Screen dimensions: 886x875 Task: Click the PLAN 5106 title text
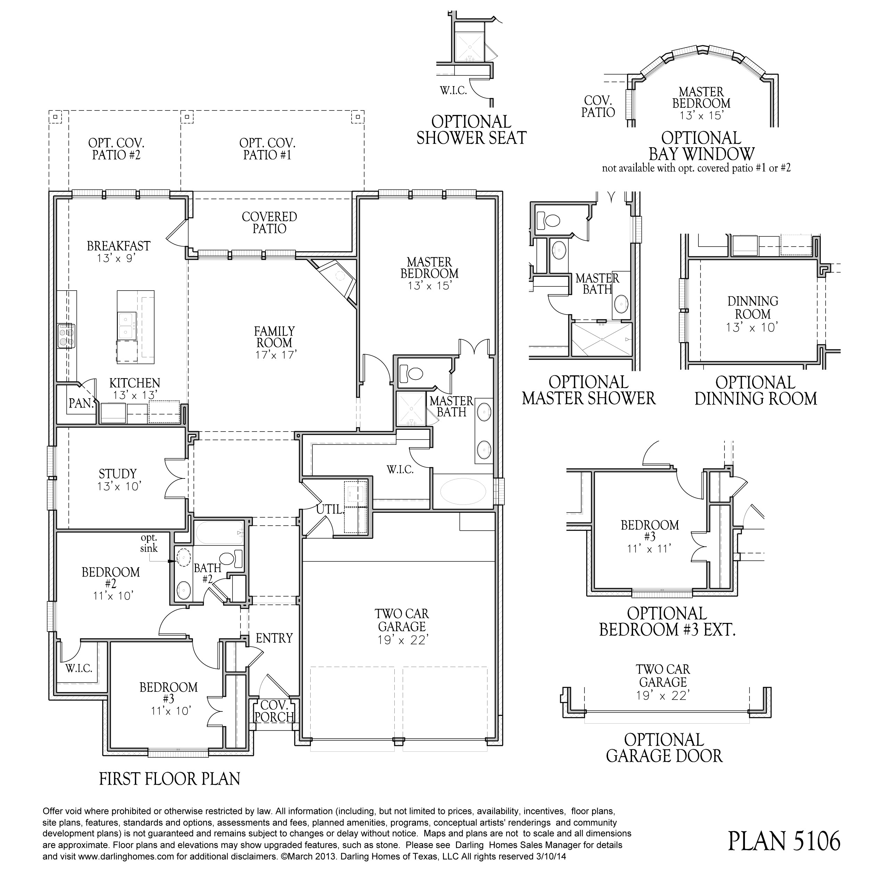784,841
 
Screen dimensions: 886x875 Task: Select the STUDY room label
118,474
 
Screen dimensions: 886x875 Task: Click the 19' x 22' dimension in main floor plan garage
402,639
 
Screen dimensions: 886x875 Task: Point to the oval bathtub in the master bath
463,491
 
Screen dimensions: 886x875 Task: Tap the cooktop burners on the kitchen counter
66,335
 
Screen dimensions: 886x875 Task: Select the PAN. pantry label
81,403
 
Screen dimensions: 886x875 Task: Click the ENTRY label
274,638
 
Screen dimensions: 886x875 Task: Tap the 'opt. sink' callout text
149,543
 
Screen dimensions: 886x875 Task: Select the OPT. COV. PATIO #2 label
116,149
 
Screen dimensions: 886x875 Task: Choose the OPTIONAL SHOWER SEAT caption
471,130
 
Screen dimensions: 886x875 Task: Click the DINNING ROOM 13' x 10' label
753,314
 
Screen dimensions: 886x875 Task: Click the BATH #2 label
207,573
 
